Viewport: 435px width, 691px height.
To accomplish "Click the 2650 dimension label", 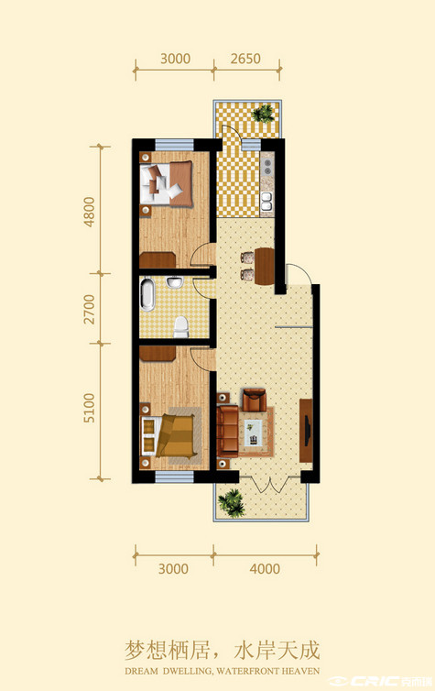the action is click(x=245, y=59).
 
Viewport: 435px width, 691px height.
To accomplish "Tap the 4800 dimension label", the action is click(x=90, y=212).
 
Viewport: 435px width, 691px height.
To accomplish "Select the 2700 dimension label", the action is click(x=90, y=310).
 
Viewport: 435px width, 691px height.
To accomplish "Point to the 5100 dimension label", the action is click(x=90, y=408).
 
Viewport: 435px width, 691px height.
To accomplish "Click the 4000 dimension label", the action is click(x=265, y=568).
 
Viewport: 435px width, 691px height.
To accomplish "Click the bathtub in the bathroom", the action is click(x=147, y=294).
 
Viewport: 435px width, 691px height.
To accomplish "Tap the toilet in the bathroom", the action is click(x=181, y=327).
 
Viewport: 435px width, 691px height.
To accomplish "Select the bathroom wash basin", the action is click(x=176, y=282).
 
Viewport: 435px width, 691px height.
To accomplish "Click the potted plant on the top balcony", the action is click(x=264, y=114).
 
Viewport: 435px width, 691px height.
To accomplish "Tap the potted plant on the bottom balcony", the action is click(x=232, y=503).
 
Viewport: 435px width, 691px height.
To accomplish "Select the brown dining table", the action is click(x=264, y=266).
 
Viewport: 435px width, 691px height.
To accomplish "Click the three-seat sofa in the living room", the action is click(x=228, y=432).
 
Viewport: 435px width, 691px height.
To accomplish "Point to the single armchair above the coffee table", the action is click(x=255, y=400).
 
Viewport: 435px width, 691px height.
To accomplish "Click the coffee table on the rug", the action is click(x=253, y=433).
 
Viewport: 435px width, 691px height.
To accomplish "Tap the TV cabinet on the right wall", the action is click(x=306, y=431).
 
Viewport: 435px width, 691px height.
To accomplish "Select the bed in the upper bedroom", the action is click(x=167, y=184).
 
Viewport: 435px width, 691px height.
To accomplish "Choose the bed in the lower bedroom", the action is click(x=169, y=436).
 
